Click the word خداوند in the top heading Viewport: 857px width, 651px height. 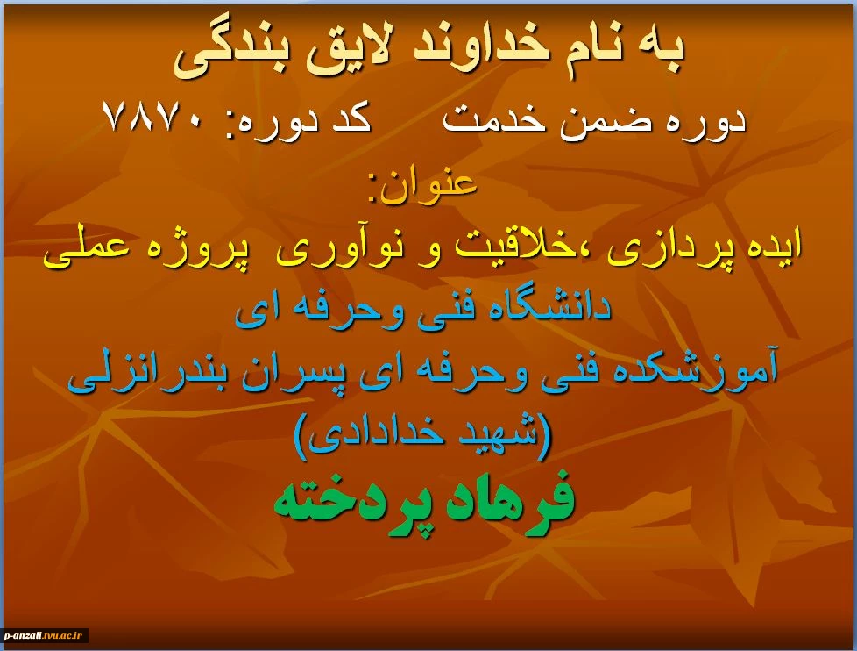pos(481,47)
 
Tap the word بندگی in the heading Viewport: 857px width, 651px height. pos(231,54)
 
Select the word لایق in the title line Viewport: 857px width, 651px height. pos(351,52)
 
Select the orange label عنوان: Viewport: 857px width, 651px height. pos(423,184)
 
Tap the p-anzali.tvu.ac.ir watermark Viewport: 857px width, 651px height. pos(43,635)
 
